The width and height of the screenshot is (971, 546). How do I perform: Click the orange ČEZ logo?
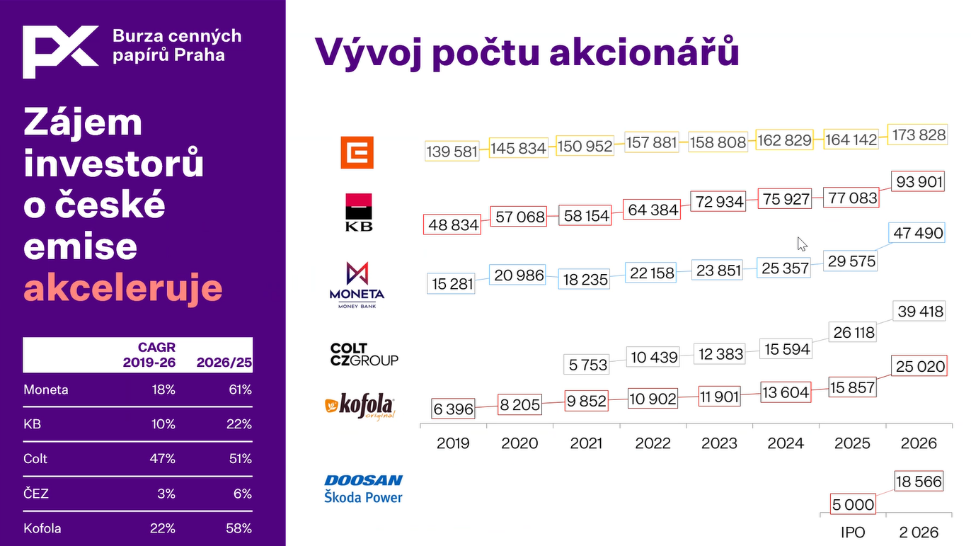[357, 152]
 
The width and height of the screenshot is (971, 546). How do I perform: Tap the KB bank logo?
[359, 212]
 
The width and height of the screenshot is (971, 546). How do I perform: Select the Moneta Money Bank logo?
[357, 285]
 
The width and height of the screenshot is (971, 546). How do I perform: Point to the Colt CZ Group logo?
[364, 354]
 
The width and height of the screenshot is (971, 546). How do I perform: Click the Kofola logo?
[360, 406]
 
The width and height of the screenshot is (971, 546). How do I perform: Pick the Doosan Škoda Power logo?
[363, 489]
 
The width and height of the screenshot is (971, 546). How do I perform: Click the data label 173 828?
[917, 135]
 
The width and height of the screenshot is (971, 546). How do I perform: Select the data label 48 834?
[452, 224]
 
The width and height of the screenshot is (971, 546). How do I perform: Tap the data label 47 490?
[917, 233]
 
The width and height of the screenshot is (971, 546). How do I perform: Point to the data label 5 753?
[587, 365]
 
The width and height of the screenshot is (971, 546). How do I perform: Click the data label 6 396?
[453, 409]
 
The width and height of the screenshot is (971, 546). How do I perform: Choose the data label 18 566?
[918, 482]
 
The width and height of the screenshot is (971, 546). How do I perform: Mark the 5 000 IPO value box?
[853, 504]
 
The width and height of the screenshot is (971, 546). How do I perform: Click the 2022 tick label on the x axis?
[653, 443]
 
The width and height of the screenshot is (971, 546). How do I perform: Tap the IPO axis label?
[853, 532]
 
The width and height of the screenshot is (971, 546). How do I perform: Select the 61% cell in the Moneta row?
[240, 389]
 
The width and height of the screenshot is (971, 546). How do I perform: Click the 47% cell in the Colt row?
[162, 458]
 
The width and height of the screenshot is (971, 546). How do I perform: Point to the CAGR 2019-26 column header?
[149, 355]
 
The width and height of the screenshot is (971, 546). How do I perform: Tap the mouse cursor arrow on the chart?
[802, 244]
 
